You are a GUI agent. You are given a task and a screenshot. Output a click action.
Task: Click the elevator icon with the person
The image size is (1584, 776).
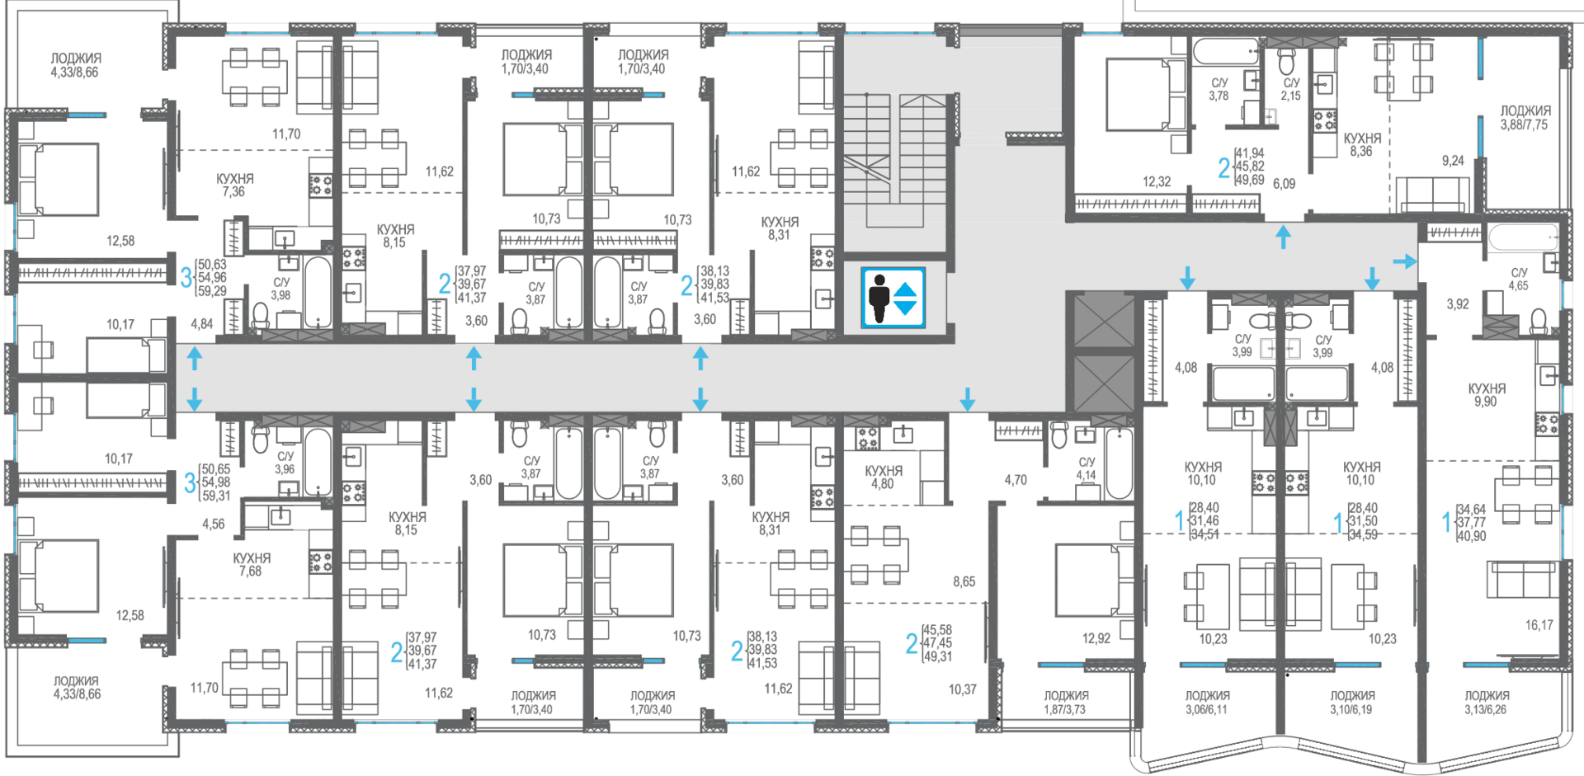coord(893,298)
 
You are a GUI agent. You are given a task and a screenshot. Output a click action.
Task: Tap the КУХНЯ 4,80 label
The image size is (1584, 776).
coord(883,477)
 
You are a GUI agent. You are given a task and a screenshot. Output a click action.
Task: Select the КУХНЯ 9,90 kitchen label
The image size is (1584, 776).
coord(1487,395)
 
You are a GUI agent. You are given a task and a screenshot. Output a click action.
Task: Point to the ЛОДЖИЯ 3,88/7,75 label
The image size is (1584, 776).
coord(1525,118)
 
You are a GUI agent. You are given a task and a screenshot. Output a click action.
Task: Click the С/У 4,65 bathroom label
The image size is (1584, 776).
coord(1519,280)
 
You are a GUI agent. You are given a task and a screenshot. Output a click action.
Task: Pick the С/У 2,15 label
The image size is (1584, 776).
coord(1291,89)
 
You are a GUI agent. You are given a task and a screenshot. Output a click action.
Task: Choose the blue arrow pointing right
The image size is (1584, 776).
coord(1405,261)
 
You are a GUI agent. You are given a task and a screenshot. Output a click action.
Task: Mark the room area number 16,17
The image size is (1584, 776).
coord(1539,625)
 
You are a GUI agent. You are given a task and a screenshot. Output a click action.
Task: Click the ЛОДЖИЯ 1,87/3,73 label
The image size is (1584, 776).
coord(1066,703)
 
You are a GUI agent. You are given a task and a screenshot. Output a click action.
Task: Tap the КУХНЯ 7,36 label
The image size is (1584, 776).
coord(234,185)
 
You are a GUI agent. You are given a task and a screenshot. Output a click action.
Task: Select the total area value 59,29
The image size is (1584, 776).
coord(212,291)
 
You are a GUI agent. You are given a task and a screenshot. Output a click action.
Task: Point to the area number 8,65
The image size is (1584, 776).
coord(964,581)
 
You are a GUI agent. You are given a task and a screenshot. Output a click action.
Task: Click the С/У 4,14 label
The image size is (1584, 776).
coord(1087,468)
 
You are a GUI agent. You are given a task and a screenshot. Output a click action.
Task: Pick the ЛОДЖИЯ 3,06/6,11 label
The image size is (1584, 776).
coord(1208,703)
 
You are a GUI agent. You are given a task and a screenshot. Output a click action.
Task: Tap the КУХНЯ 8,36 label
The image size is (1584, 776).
coord(1362,145)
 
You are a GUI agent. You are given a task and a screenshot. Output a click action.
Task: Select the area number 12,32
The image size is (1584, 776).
coord(1157,181)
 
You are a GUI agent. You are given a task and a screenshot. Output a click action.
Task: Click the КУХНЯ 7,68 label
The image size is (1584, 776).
coord(252,565)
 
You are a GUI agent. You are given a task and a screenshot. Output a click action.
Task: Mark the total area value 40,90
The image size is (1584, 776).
coord(1471,536)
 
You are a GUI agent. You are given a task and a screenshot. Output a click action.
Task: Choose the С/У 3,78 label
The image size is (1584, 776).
coord(1219,89)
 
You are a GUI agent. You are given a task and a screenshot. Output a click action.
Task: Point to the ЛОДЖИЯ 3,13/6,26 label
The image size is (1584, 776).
coord(1487,703)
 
